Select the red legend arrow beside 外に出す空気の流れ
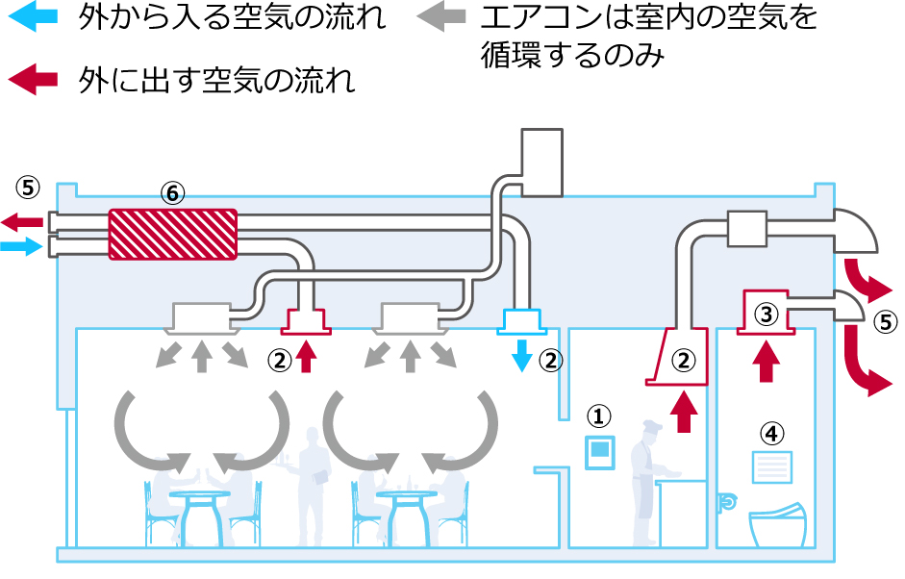35,79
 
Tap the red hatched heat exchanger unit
172,234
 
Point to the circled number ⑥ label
172,193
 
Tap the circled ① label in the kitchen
600,415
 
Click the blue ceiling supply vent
521,320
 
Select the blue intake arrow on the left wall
23,248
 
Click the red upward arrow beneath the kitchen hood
684,411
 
